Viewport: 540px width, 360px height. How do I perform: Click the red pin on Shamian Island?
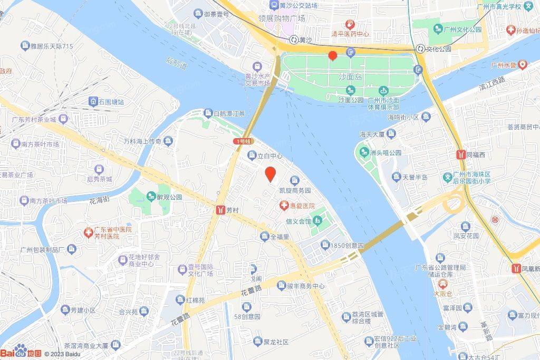[x=332, y=55]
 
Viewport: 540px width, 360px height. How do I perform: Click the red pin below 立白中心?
[x=271, y=173]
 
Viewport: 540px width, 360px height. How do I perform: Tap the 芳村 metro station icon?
[x=220, y=210]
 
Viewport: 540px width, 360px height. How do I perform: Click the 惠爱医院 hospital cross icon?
[x=284, y=206]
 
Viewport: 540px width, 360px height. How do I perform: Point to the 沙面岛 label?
[x=351, y=76]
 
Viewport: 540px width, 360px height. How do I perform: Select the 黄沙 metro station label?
[x=305, y=40]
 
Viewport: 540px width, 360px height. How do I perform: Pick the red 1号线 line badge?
[x=243, y=141]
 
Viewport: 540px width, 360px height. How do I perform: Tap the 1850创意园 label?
[x=348, y=246]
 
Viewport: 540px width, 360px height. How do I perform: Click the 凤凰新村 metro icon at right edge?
[x=516, y=268]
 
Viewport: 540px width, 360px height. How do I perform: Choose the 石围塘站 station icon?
[x=93, y=101]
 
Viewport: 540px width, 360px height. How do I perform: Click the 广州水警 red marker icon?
[x=522, y=65]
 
